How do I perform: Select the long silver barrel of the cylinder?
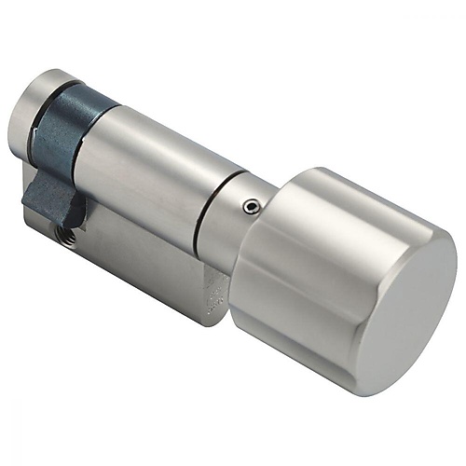[149, 168]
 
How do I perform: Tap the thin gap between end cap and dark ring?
[46, 109]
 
